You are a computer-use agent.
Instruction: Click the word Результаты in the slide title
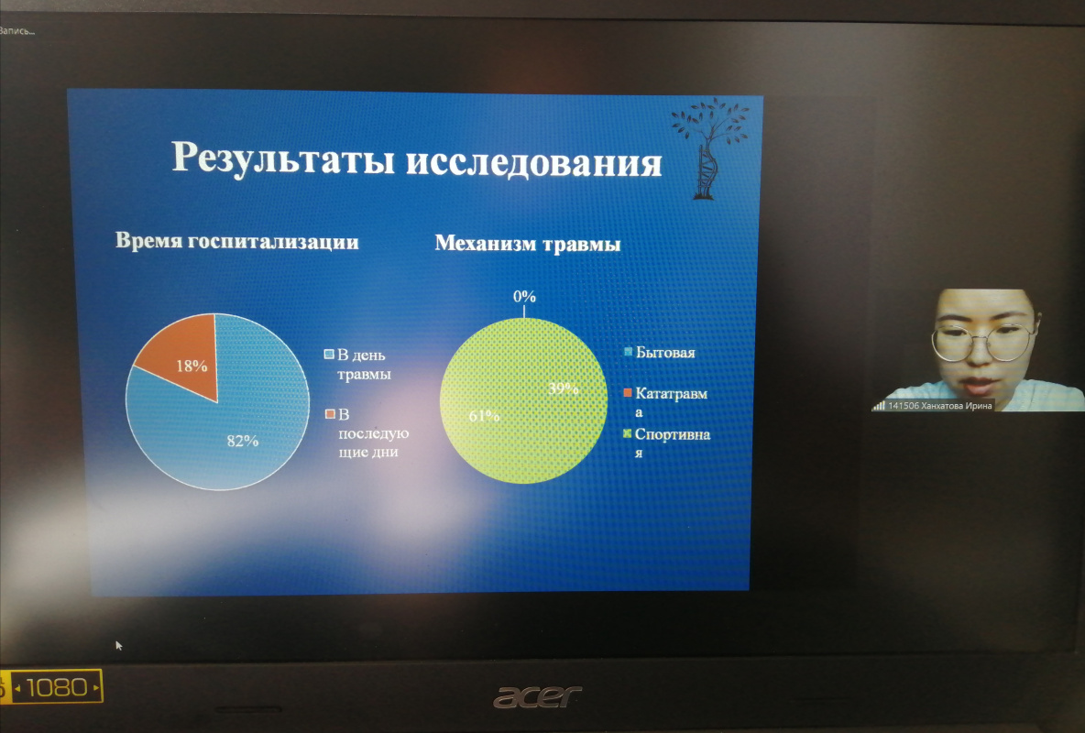click(x=284, y=159)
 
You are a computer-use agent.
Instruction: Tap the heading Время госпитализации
click(x=237, y=242)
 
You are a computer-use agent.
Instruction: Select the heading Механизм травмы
click(x=527, y=244)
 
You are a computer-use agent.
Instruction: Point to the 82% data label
click(x=242, y=441)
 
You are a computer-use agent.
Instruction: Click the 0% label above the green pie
click(x=524, y=296)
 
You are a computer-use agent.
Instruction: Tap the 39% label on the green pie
click(x=563, y=388)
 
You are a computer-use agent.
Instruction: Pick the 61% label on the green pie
click(x=484, y=416)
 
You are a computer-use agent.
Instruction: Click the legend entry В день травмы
click(x=357, y=364)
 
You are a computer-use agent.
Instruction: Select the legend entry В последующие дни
click(x=367, y=432)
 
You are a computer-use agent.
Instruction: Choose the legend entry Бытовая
click(x=660, y=353)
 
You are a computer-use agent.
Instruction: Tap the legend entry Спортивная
click(x=666, y=443)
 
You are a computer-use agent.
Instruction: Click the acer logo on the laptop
click(x=537, y=696)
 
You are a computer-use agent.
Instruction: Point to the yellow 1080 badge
click(x=51, y=686)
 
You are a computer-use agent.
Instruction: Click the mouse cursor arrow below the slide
click(x=118, y=645)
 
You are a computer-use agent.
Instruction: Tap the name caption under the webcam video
click(x=934, y=406)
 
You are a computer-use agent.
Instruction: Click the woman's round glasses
click(x=982, y=341)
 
